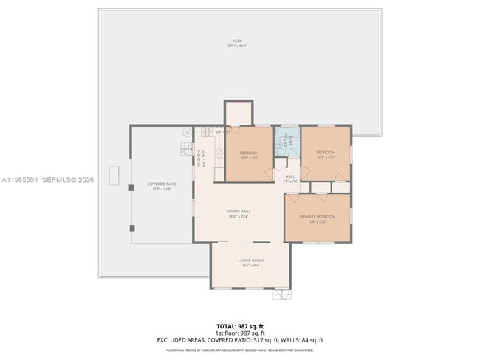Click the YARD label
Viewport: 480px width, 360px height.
point(236,41)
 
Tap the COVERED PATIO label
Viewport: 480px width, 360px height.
point(161,184)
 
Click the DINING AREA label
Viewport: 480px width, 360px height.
point(237,211)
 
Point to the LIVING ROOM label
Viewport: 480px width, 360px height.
point(250,260)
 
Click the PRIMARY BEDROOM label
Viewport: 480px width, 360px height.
point(317,216)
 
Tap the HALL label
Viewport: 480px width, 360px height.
point(290,176)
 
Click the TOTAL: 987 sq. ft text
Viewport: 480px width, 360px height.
point(239,325)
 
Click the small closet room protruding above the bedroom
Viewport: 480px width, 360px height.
point(239,113)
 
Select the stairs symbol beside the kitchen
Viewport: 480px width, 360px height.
point(185,150)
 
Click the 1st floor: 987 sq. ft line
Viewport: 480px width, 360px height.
point(239,333)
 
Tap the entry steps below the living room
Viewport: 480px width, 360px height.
point(281,294)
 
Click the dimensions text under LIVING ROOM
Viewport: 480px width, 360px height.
point(250,266)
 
